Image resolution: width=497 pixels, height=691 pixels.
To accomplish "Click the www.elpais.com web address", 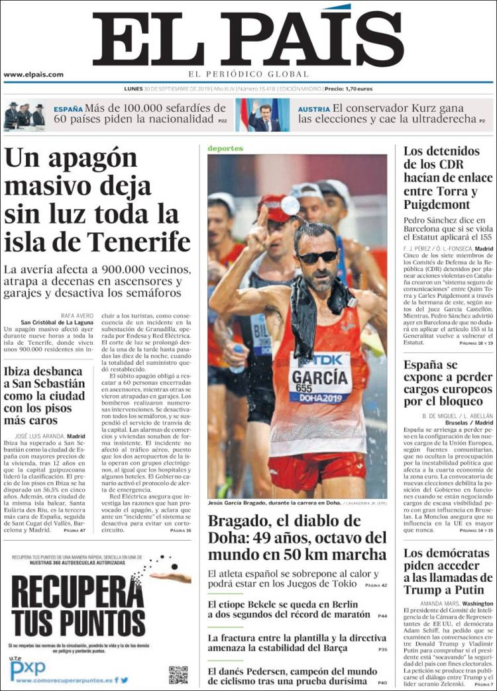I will click(33, 74).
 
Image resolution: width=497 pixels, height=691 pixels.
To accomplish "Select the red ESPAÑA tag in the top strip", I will click(68, 108).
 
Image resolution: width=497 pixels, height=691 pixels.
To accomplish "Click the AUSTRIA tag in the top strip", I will click(313, 109).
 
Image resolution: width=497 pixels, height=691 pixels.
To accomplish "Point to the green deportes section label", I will click(225, 148).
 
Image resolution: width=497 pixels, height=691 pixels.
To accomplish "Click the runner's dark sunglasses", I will click(317, 257).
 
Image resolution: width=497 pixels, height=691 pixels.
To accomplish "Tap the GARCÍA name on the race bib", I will click(320, 378).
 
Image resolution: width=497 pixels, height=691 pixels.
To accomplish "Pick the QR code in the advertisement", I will click(178, 674).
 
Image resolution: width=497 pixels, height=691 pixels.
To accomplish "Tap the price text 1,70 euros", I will click(359, 88).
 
